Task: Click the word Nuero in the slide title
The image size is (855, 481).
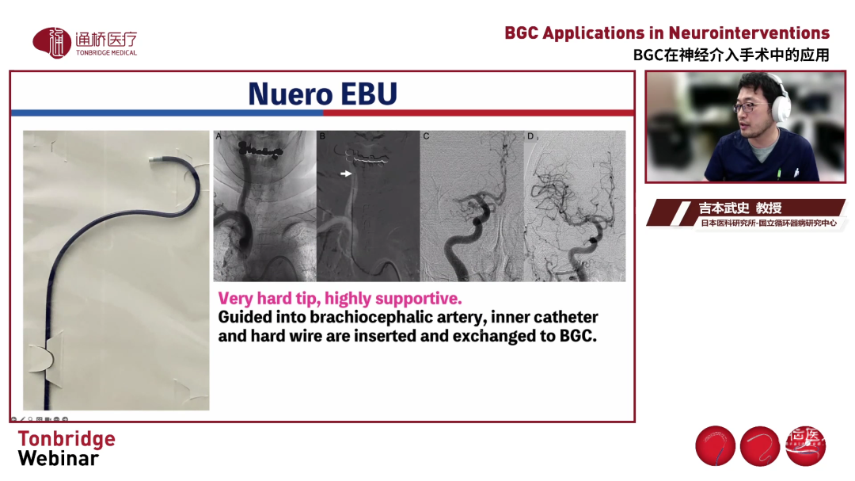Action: (290, 94)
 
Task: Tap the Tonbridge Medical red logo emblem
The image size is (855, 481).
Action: (51, 43)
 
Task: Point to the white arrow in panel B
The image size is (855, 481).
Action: (346, 174)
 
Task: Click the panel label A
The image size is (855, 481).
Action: (218, 136)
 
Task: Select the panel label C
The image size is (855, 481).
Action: (426, 136)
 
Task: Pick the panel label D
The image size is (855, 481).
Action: (530, 136)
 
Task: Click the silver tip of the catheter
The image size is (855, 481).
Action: (154, 159)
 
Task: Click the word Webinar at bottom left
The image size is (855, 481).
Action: (59, 459)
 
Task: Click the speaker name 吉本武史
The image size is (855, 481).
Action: (724, 208)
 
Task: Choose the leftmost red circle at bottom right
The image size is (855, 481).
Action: (716, 446)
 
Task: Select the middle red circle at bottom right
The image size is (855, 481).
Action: (759, 446)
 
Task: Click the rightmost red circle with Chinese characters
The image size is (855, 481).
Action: (805, 446)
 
